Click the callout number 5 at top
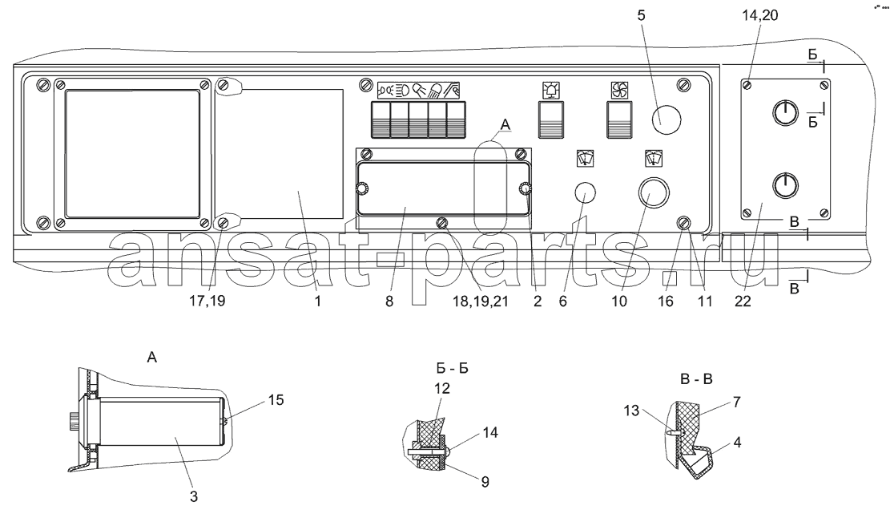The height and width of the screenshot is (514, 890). click(x=642, y=15)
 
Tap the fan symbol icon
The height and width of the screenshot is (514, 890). click(x=619, y=90)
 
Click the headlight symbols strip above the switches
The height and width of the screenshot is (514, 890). click(x=418, y=90)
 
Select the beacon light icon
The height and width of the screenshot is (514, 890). click(x=551, y=90)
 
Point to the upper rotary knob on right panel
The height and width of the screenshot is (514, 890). click(x=785, y=112)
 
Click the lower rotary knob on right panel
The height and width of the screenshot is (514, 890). click(x=785, y=185)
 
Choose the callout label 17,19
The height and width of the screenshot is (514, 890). click(x=207, y=301)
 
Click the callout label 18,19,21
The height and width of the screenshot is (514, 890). click(x=480, y=301)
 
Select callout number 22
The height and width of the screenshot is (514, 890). click(x=743, y=301)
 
